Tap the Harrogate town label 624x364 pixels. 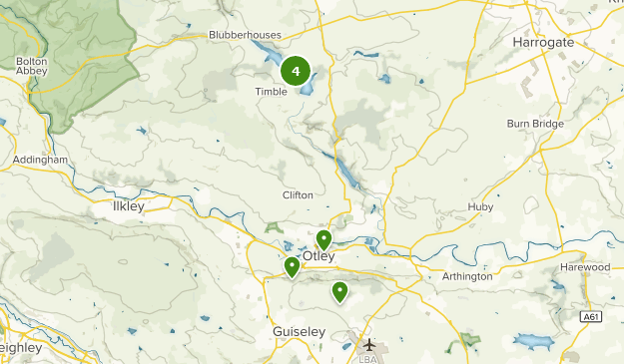pos(543,43)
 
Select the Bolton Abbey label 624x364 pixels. pos(32,70)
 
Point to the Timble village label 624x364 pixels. pos(271,91)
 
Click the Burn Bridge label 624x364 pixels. pos(535,124)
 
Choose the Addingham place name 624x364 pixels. pos(41,160)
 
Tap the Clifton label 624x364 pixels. pos(298,194)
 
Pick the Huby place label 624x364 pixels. pos(480,207)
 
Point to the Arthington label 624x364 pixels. pos(467,276)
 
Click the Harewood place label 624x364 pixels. pos(585,267)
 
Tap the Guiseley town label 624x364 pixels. pos(299,330)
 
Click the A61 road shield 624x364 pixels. pos(593,317)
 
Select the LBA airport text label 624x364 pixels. pos(369,357)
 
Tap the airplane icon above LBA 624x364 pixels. pos(369,343)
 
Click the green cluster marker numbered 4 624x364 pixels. pos(296,71)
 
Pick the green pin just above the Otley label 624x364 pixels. pos(323,239)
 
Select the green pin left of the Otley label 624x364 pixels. pos(292,266)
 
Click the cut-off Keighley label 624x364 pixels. pos(20,348)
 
